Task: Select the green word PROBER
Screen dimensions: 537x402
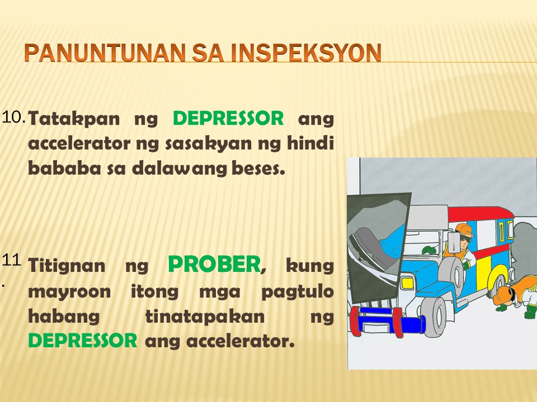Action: pos(214,264)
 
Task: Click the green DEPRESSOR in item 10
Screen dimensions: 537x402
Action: pos(228,118)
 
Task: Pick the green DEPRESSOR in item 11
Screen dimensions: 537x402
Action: pos(83,341)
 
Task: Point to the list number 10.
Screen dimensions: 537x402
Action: pos(13,118)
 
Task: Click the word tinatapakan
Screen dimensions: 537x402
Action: pos(205,316)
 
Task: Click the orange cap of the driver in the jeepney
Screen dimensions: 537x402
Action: pos(464,229)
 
